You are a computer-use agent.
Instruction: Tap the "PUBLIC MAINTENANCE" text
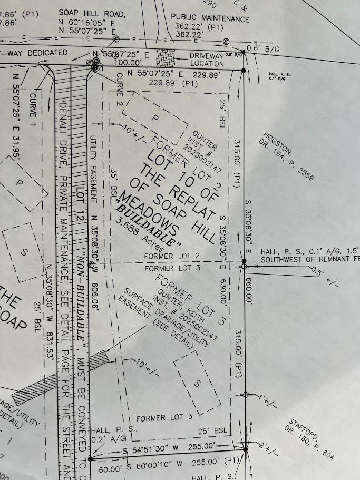click(210, 19)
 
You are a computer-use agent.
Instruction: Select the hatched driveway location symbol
click(167, 57)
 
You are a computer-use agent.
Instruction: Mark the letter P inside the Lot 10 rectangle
click(155, 119)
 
